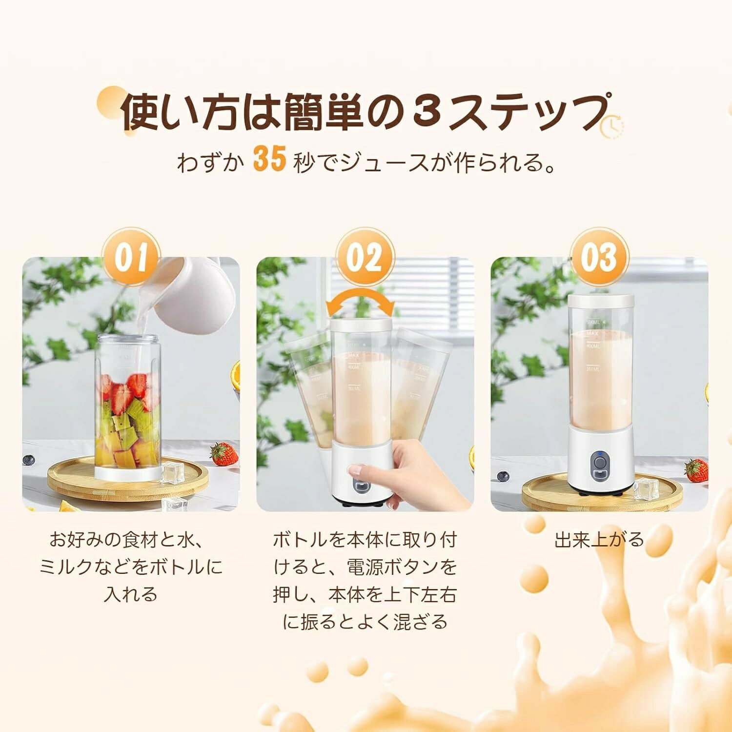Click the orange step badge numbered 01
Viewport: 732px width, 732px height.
pyautogui.click(x=131, y=257)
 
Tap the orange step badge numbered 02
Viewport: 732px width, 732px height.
pyautogui.click(x=365, y=257)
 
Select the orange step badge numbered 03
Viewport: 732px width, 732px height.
pyautogui.click(x=599, y=257)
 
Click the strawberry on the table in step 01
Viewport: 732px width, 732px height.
pyautogui.click(x=224, y=454)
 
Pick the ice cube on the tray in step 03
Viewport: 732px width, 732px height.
pyautogui.click(x=646, y=489)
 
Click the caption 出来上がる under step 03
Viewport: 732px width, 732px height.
pyautogui.click(x=599, y=540)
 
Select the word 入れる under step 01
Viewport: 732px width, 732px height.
pyautogui.click(x=131, y=594)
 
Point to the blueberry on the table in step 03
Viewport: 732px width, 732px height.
pyautogui.click(x=503, y=476)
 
